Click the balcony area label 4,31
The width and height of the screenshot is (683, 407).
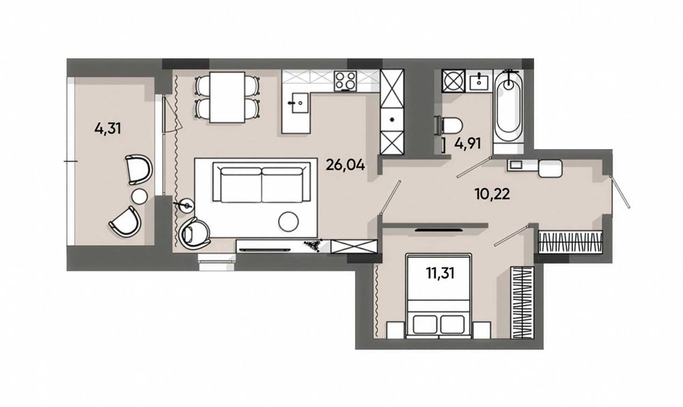pos(107,129)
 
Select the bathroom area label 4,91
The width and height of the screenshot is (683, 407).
pos(467,144)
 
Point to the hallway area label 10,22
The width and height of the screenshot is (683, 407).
pos(492,194)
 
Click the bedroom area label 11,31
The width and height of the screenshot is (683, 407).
pos(440,273)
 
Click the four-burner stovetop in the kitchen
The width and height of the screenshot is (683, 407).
pos(346,81)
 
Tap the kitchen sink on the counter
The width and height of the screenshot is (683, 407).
pos(298,103)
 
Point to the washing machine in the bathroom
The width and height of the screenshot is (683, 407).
pos(453,81)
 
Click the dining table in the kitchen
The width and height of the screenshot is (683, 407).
pos(227,97)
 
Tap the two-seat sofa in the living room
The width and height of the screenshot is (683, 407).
pos(262,182)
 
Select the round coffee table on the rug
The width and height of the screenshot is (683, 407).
pos(289,222)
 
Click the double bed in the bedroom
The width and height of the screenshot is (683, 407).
pos(438,296)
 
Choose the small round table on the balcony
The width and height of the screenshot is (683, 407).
pos(140,196)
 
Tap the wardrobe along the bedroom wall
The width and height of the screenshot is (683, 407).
pos(521,302)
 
